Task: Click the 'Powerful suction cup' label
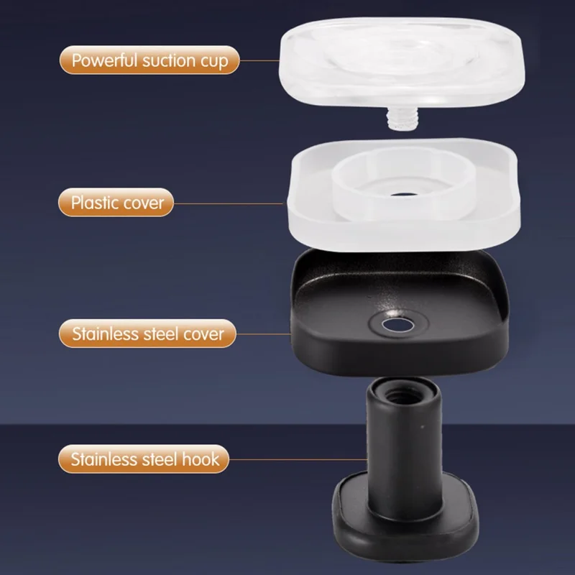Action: tap(149, 60)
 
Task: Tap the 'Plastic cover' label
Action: tap(116, 203)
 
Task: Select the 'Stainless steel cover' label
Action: tap(147, 333)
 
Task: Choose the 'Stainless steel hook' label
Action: tap(144, 459)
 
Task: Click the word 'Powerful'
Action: tap(104, 60)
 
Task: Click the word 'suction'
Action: tap(169, 60)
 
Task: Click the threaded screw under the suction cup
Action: tap(402, 118)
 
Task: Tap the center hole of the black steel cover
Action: tap(398, 325)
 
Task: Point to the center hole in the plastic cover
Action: tap(404, 194)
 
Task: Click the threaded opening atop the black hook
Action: tap(402, 396)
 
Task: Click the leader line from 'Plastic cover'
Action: tap(229, 203)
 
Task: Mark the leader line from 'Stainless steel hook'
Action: tap(298, 459)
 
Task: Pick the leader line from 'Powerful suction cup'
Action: tap(259, 60)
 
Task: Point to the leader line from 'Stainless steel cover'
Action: tap(264, 333)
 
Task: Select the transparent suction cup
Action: tap(402, 63)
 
